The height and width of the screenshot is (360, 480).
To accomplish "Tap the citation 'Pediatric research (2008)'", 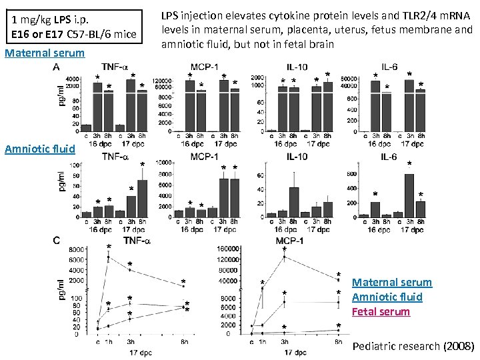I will [x=413, y=346].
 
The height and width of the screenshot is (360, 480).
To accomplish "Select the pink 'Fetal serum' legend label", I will [x=381, y=311].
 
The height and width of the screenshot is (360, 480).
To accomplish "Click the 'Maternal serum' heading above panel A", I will [x=45, y=53].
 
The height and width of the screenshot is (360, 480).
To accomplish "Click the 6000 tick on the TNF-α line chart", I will [x=75, y=259].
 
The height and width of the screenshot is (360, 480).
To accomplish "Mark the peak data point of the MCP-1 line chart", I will [x=285, y=257].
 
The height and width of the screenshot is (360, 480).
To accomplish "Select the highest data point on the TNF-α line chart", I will [x=109, y=257].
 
